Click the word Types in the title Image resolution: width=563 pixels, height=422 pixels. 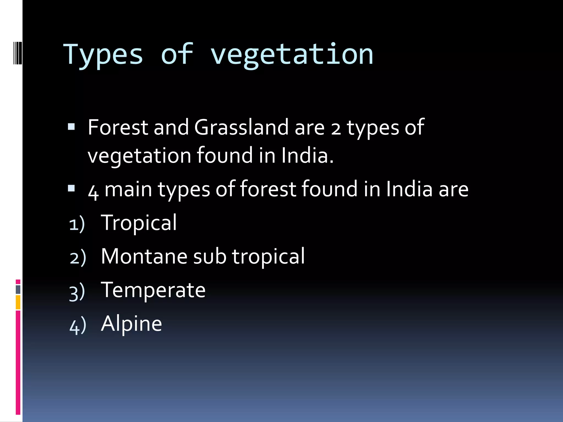pyautogui.click(x=103, y=55)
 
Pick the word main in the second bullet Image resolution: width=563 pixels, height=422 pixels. pyautogui.click(x=128, y=189)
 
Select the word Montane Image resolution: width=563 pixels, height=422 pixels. pyautogui.click(x=144, y=257)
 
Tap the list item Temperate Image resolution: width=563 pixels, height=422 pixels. pyautogui.click(x=153, y=290)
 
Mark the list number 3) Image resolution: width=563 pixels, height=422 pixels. pyautogui.click(x=77, y=292)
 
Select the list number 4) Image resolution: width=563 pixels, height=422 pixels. pyautogui.click(x=78, y=326)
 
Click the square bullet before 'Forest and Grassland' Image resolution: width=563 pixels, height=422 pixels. pyautogui.click(x=71, y=127)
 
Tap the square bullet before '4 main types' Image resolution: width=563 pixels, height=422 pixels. pyautogui.click(x=71, y=188)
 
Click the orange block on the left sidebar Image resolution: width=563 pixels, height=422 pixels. pyautogui.click(x=18, y=302)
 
